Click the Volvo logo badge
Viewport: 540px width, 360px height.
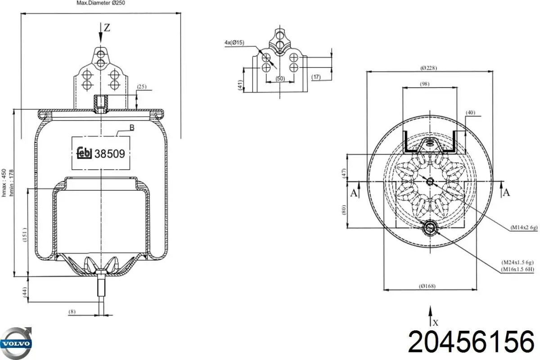[x=16, y=343]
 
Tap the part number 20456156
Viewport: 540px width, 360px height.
[x=471, y=342]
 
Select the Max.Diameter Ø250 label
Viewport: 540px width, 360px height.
[x=101, y=3]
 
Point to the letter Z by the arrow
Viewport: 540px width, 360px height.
[x=107, y=28]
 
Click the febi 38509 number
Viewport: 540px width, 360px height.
[x=110, y=154]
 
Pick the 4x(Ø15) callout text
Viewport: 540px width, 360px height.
[x=234, y=43]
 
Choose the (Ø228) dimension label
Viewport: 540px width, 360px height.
[x=428, y=68]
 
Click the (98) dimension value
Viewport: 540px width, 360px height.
[x=424, y=84]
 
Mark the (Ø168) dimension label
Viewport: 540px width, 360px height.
[x=427, y=286]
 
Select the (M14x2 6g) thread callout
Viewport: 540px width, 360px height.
[x=524, y=227]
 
